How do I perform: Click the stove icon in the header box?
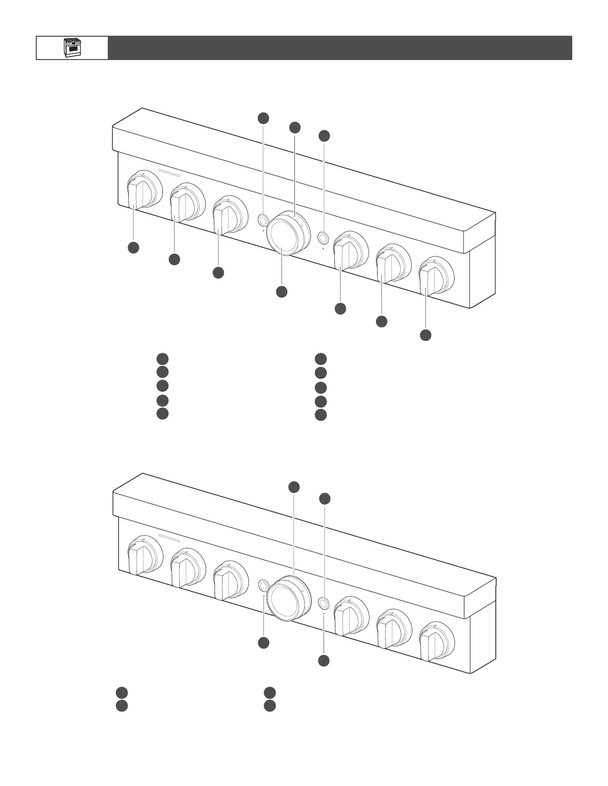(x=72, y=48)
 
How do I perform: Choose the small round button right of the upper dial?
(x=323, y=238)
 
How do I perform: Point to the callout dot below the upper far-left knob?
(x=133, y=248)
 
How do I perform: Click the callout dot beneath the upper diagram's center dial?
(x=282, y=292)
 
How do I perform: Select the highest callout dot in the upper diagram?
(x=263, y=118)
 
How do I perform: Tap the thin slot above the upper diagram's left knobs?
(x=169, y=174)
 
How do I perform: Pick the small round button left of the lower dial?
(x=263, y=586)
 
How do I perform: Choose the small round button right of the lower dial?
(x=323, y=603)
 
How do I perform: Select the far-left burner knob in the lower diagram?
(x=137, y=558)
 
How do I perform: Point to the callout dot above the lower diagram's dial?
(x=294, y=487)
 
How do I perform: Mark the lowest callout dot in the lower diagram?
(x=324, y=660)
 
